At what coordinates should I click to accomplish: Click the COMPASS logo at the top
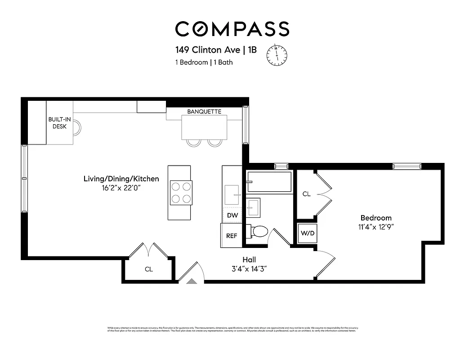(232, 29)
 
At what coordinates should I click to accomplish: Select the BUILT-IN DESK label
(60, 123)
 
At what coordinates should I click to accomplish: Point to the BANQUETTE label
(204, 112)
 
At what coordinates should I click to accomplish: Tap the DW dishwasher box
(232, 216)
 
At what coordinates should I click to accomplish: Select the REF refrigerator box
(232, 235)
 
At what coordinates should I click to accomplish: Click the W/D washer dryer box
(307, 234)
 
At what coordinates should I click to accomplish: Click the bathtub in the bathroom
(269, 182)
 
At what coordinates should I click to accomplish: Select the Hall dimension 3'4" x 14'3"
(249, 269)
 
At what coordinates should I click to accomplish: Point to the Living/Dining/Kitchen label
(121, 179)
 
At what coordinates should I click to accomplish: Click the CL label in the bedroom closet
(306, 194)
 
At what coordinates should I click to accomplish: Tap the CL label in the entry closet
(148, 269)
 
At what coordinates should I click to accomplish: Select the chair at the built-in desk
(77, 127)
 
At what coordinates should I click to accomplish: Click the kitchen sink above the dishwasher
(232, 194)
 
